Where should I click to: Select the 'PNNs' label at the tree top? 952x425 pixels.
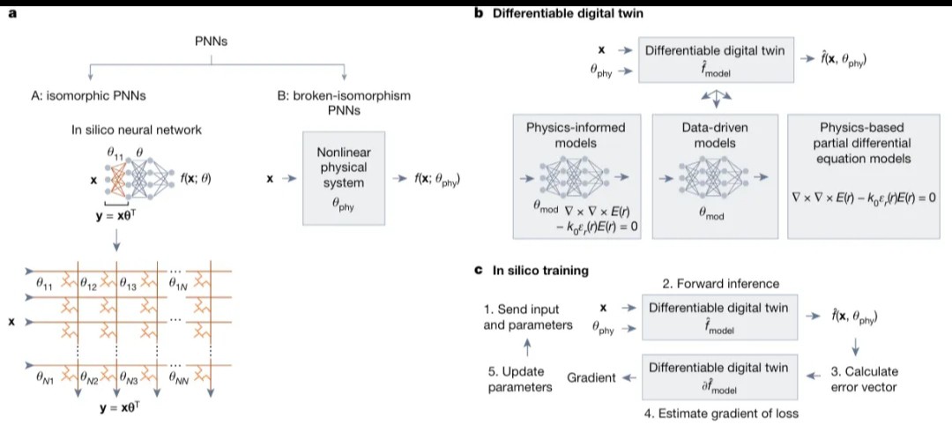211,45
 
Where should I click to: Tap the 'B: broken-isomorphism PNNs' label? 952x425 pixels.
345,102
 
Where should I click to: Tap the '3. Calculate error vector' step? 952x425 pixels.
865,377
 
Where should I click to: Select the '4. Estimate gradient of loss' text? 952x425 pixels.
721,413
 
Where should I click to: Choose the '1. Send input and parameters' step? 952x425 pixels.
528,317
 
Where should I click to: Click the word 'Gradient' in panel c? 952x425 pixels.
591,377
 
